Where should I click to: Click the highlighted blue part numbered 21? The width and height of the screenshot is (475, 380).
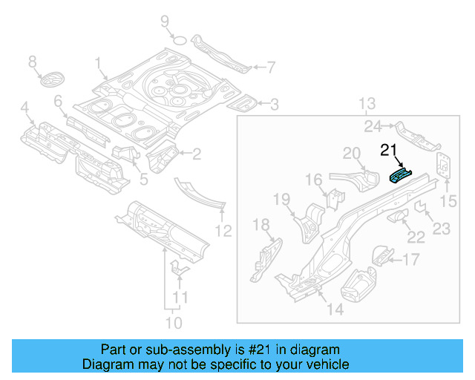tap(400, 175)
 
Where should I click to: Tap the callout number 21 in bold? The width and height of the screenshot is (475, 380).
tap(389, 151)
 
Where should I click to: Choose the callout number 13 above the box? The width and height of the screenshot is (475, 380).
tap(369, 103)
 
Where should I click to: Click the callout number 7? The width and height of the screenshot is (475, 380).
tap(271, 68)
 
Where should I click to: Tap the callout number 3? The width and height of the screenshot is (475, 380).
tap(274, 105)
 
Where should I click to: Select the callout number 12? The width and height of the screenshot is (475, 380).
tap(223, 231)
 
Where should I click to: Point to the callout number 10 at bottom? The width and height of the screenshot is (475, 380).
tap(173, 323)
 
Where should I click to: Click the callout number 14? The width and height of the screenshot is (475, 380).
tap(335, 309)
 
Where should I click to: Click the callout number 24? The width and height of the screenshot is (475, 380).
tap(373, 126)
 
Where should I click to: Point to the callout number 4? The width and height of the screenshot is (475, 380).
tap(25, 111)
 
